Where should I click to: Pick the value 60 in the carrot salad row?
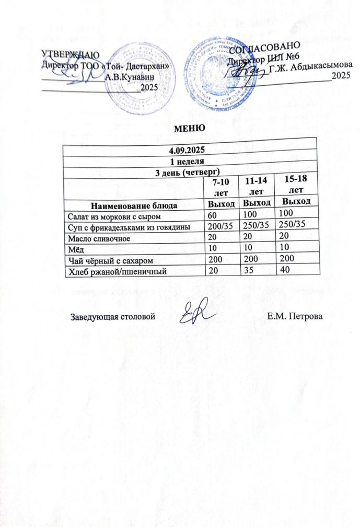click(213, 215)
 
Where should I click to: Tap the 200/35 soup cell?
click(219, 226)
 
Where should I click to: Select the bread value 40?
click(284, 268)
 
